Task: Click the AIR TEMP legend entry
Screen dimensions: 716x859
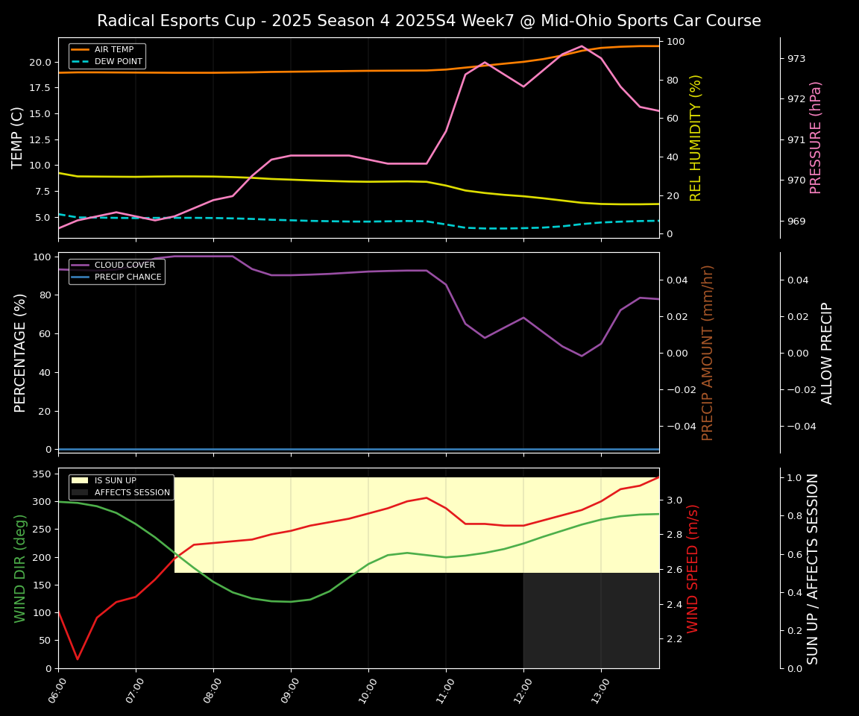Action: (x=113, y=50)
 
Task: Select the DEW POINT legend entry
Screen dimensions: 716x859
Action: (x=118, y=61)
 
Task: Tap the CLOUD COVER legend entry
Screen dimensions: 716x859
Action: (x=125, y=266)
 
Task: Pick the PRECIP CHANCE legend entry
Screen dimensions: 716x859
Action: (x=128, y=277)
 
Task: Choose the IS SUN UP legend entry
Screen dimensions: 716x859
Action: (x=115, y=481)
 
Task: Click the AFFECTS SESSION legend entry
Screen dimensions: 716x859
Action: (x=132, y=492)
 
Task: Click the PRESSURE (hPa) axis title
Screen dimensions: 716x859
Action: (x=816, y=137)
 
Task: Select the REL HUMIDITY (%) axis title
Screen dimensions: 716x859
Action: (x=696, y=137)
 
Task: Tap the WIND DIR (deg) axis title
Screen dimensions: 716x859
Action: (x=20, y=568)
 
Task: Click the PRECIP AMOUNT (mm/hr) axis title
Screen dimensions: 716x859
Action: (x=708, y=352)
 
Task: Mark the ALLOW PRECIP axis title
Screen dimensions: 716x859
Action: (x=827, y=353)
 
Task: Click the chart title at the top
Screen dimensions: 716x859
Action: (x=429, y=21)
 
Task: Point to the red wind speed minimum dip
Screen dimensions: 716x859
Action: (x=78, y=659)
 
